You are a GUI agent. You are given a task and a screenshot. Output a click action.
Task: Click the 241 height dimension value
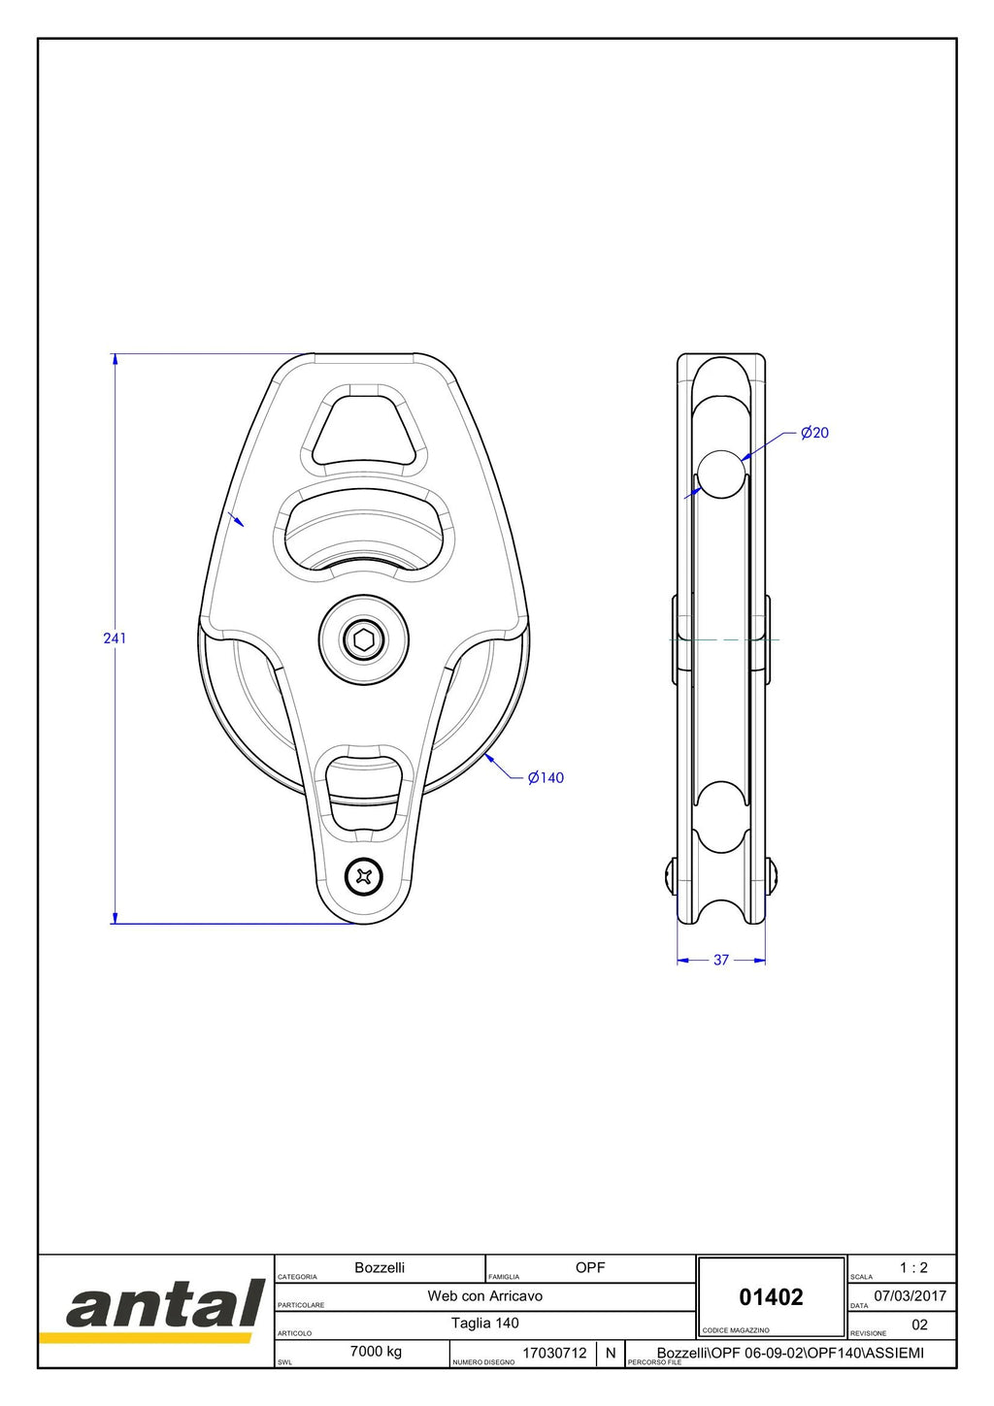[x=115, y=638]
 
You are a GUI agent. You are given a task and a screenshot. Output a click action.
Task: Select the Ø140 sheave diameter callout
[x=546, y=777]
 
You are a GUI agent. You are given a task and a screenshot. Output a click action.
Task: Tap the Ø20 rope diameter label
[x=814, y=433]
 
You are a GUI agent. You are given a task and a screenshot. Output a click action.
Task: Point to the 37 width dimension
[x=721, y=960]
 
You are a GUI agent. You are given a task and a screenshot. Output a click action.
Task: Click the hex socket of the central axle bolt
[x=364, y=640]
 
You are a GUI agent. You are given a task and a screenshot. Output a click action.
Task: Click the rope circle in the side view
[x=721, y=474]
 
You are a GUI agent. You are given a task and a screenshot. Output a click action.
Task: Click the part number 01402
[x=771, y=1296]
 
